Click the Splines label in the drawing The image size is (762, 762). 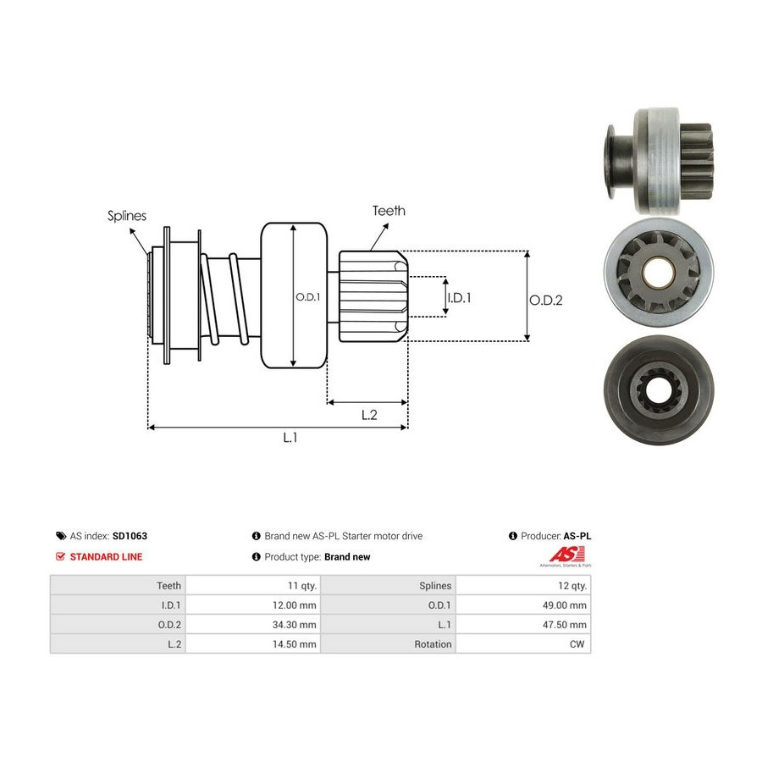(127, 216)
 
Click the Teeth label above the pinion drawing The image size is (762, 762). (389, 211)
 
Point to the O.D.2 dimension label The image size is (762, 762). (546, 301)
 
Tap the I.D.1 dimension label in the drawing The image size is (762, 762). (459, 297)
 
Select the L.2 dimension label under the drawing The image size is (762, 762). (369, 415)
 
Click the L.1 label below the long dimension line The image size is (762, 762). (290, 438)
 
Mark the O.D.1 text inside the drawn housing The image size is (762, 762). (308, 297)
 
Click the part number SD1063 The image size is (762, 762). (130, 536)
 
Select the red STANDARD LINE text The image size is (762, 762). (106, 557)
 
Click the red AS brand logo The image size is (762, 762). (566, 555)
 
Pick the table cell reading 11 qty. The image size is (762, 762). (253, 586)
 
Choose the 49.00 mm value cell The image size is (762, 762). (523, 605)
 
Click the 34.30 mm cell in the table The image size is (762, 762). (253, 625)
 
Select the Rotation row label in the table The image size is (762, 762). (433, 644)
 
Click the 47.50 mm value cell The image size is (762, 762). (523, 625)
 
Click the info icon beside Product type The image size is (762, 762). (257, 557)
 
